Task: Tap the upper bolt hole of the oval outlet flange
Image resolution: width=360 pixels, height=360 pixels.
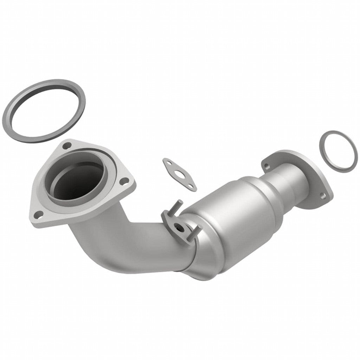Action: tap(267, 165)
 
